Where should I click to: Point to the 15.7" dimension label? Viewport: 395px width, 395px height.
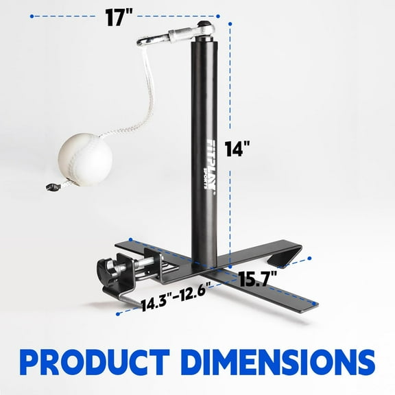pyautogui.click(x=257, y=277)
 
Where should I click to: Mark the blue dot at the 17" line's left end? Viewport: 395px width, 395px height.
pyautogui.click(x=32, y=19)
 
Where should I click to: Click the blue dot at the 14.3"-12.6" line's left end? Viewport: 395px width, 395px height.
pyautogui.click(x=119, y=313)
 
